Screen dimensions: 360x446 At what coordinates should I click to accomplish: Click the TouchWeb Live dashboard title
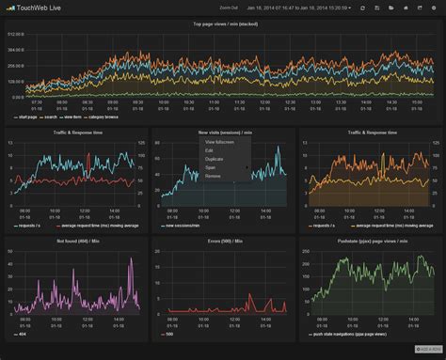coord(43,8)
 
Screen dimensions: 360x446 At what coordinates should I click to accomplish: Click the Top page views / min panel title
coord(223,24)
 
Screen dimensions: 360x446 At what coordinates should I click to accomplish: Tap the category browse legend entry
coord(104,117)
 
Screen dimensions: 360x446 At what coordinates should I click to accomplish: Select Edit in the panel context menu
coord(209,150)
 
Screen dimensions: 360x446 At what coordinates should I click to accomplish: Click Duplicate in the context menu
coord(214,159)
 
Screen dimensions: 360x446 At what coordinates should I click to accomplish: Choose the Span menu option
coord(210,167)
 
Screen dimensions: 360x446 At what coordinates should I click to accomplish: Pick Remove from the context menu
coord(213,176)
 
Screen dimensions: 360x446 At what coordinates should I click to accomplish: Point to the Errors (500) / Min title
coord(223,243)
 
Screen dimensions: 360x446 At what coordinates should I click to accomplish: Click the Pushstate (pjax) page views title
coord(370,243)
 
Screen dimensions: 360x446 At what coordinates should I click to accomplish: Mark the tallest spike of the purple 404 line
coord(131,259)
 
